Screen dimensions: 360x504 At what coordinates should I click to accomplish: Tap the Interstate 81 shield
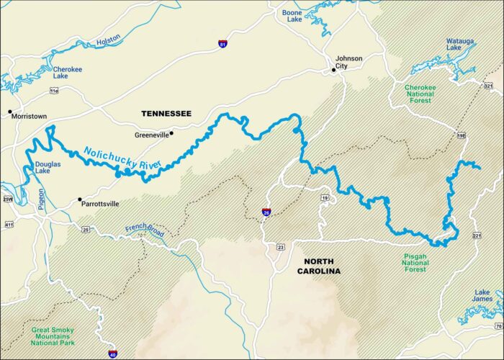click(222, 44)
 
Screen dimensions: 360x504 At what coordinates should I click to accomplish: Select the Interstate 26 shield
click(266, 213)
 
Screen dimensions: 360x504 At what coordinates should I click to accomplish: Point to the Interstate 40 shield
click(112, 353)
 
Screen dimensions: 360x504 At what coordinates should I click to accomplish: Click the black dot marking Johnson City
click(334, 70)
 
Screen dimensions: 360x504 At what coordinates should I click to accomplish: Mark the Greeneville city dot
click(171, 133)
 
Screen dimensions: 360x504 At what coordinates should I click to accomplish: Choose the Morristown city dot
click(10, 112)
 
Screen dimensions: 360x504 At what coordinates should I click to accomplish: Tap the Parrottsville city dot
click(80, 199)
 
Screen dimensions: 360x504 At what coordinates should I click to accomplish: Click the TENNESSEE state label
click(166, 114)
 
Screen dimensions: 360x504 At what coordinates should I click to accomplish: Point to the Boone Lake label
click(292, 17)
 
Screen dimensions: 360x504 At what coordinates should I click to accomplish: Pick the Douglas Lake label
click(48, 168)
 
